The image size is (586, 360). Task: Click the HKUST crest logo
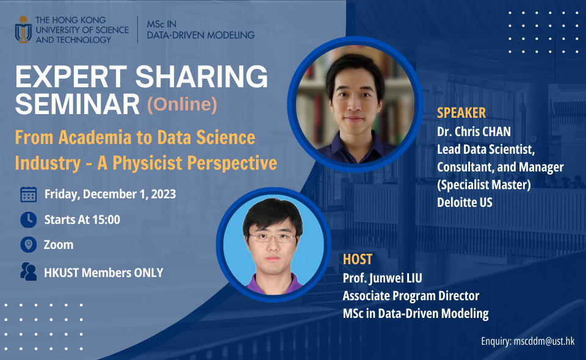point(23,29)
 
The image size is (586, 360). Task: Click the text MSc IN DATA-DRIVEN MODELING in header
point(200,29)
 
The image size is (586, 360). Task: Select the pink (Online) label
point(182,105)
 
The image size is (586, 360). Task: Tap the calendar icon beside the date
point(28,195)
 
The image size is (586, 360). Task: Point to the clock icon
point(28,220)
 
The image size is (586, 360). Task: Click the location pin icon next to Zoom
point(28,245)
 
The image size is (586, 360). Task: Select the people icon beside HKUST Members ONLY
point(28,272)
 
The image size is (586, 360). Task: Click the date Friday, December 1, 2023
point(110,195)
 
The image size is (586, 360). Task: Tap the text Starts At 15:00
point(82,220)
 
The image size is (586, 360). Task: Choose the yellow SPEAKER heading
point(461,113)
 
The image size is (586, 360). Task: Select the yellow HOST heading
point(357,260)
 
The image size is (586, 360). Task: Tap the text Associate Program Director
point(410,296)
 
